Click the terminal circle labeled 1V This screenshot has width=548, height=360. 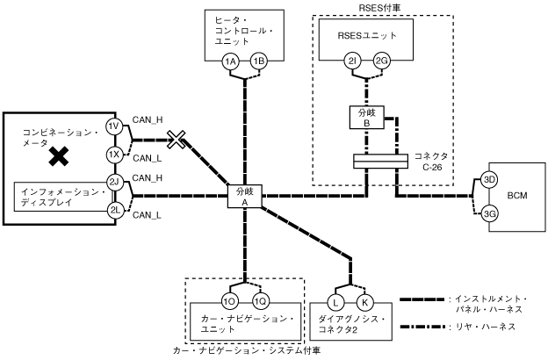point(114,126)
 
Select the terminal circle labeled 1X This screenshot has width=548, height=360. point(114,155)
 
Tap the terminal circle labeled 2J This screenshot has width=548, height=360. point(114,182)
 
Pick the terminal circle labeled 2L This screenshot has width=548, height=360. point(114,210)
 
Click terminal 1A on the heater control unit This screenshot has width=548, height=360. point(230,61)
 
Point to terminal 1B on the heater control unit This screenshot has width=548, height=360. point(258,61)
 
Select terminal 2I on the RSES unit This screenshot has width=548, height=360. point(352,61)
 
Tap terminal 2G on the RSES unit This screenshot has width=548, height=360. point(381,61)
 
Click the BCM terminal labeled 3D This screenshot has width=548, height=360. point(489,180)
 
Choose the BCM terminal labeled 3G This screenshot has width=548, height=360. point(489,213)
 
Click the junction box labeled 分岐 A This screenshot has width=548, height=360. point(245,196)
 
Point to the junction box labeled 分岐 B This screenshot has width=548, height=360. point(367,118)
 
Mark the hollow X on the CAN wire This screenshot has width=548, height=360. point(176,139)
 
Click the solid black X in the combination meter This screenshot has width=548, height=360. point(59,156)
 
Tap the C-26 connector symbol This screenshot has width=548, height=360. point(380,162)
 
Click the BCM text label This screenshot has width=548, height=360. point(517,196)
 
